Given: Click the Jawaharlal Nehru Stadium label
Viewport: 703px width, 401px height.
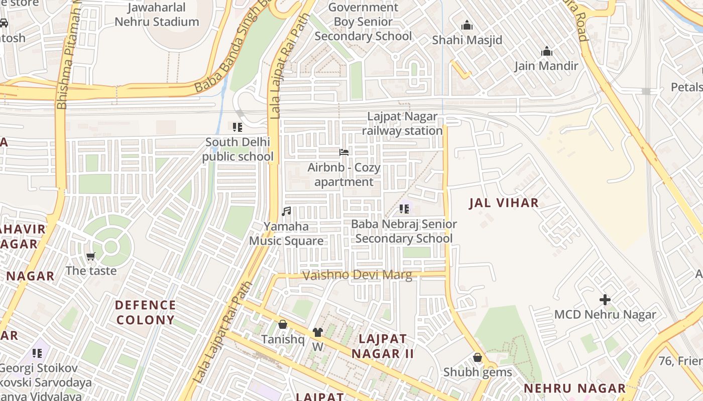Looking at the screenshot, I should click(157, 15).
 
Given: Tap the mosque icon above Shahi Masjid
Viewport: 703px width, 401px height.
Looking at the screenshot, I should click(467, 25).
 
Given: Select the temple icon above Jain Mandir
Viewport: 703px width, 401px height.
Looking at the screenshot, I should click(546, 51).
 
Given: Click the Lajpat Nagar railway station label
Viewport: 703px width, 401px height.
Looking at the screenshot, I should click(402, 124).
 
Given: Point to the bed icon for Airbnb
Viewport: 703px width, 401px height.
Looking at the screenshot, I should click(344, 152).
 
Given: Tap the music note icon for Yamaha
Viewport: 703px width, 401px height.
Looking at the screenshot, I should click(286, 212).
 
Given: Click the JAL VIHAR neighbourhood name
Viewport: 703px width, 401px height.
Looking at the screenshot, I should click(504, 203).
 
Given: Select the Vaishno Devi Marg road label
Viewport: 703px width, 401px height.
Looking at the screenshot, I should click(357, 275).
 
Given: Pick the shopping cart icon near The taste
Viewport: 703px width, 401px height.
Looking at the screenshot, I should click(91, 257).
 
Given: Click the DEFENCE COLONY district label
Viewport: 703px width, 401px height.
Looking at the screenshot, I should click(145, 312).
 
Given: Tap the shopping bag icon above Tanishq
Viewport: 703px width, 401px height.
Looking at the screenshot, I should click(283, 324).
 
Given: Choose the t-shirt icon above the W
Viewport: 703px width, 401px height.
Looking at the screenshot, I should click(317, 332).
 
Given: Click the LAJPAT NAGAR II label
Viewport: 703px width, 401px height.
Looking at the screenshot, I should click(383, 346).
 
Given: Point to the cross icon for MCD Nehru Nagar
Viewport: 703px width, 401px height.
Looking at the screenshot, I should click(605, 300).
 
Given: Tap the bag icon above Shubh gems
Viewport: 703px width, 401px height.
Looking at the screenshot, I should click(477, 357).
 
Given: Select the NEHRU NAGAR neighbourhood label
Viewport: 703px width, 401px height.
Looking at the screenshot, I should click(574, 388).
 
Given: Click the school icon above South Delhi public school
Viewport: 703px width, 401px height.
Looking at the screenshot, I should click(238, 127).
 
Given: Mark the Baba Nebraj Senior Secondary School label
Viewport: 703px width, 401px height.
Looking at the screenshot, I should click(404, 231).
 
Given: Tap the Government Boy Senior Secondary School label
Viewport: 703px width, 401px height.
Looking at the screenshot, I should click(363, 22).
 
